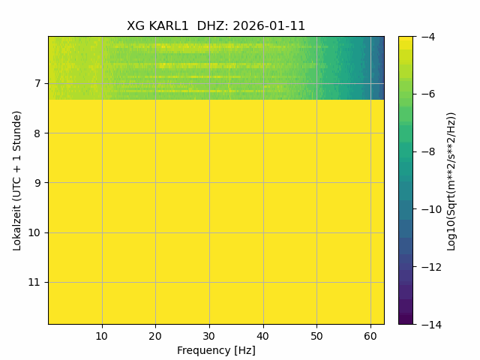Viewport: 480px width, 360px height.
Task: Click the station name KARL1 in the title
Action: point(169,26)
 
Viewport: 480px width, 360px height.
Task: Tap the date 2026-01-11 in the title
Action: point(269,26)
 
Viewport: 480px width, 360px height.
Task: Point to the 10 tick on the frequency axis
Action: point(102,337)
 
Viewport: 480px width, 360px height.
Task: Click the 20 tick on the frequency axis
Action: point(155,337)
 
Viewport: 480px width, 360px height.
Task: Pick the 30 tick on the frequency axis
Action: point(209,337)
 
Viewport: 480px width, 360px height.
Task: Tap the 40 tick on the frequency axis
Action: point(263,337)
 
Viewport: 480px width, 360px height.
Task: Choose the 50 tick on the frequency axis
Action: point(316,337)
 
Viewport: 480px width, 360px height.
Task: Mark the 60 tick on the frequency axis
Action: point(370,337)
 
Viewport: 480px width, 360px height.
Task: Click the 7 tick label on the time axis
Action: point(37,83)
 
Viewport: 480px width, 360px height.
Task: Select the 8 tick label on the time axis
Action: point(37,133)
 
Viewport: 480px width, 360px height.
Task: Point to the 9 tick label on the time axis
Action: point(37,183)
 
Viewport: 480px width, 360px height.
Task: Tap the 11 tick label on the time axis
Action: point(34,282)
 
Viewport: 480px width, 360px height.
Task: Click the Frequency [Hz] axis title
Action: point(216,350)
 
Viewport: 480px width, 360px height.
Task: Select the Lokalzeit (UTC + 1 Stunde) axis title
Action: point(17,181)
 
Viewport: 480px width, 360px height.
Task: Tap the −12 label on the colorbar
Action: point(431,267)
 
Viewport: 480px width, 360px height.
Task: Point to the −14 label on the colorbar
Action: point(431,325)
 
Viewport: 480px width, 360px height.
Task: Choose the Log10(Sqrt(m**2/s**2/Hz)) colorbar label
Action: point(451,181)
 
